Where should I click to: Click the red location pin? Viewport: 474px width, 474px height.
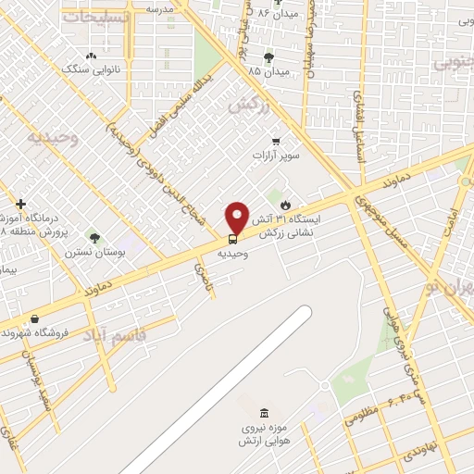coord(237,218)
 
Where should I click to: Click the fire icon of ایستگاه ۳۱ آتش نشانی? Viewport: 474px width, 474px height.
coord(284,203)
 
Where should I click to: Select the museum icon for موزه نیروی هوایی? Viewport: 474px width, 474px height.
coord(265,411)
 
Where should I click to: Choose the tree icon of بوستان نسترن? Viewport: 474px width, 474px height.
coord(93,238)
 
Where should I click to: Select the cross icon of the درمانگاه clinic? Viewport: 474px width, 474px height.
coord(20,204)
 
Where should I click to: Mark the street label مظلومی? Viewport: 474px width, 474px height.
coord(362,417)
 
